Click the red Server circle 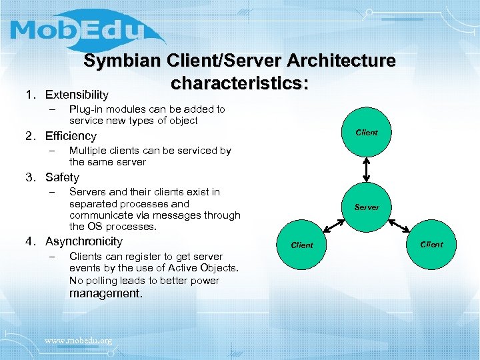[367, 207]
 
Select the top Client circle [367, 132]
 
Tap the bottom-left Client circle [302, 245]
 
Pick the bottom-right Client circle [431, 244]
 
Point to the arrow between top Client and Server [367, 169]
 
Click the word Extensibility [77, 95]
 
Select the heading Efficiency [71, 136]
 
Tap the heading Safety [62, 177]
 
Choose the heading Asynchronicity [84, 241]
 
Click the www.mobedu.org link [78, 341]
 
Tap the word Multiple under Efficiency [87, 150]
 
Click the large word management [105, 293]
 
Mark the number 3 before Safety [29, 177]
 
